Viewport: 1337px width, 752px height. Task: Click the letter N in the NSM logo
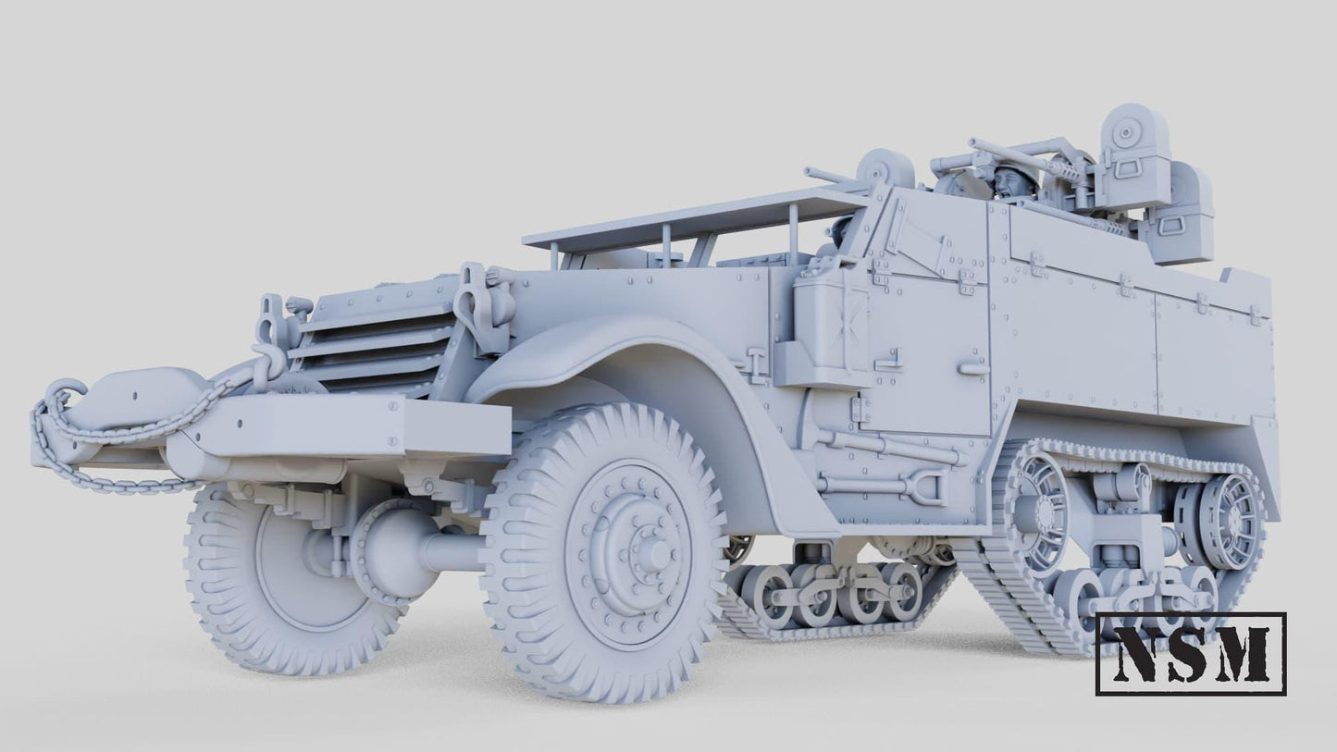pyautogui.click(x=1138, y=654)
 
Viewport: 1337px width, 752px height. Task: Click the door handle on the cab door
pyautogui.click(x=973, y=369)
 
